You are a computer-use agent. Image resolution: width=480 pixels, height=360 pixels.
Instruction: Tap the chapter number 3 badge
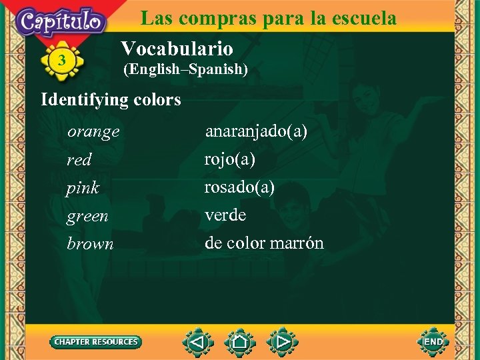(x=62, y=61)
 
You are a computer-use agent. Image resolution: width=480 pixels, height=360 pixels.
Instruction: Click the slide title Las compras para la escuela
(x=268, y=18)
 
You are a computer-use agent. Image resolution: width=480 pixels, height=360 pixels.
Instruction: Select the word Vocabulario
(x=177, y=48)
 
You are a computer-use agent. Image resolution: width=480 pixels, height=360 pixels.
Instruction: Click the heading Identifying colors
(x=111, y=100)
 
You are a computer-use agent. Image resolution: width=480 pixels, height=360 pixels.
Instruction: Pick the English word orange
(x=93, y=132)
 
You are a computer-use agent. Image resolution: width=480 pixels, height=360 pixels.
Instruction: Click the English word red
(x=79, y=160)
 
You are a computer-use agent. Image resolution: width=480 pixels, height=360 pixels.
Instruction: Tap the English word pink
(x=83, y=188)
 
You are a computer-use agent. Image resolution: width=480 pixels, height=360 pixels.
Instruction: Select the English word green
(x=87, y=216)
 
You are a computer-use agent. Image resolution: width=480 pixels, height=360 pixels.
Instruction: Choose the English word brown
(x=90, y=244)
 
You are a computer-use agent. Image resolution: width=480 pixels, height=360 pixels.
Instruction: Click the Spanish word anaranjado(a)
(x=256, y=131)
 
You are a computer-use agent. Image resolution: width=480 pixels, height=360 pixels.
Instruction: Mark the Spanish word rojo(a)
(x=229, y=159)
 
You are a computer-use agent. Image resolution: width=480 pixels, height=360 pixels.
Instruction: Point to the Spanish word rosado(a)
(x=239, y=187)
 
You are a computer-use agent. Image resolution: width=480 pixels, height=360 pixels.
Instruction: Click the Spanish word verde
(x=225, y=215)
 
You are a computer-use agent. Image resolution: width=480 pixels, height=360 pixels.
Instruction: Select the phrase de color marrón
(x=264, y=243)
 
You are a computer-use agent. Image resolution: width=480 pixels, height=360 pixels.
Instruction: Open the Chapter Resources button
(x=96, y=342)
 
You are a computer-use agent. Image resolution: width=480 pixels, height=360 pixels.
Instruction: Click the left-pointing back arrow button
(x=197, y=343)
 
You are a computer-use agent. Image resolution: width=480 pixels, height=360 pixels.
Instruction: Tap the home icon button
(x=240, y=343)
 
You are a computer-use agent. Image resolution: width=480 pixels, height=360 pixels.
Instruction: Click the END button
(x=433, y=342)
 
